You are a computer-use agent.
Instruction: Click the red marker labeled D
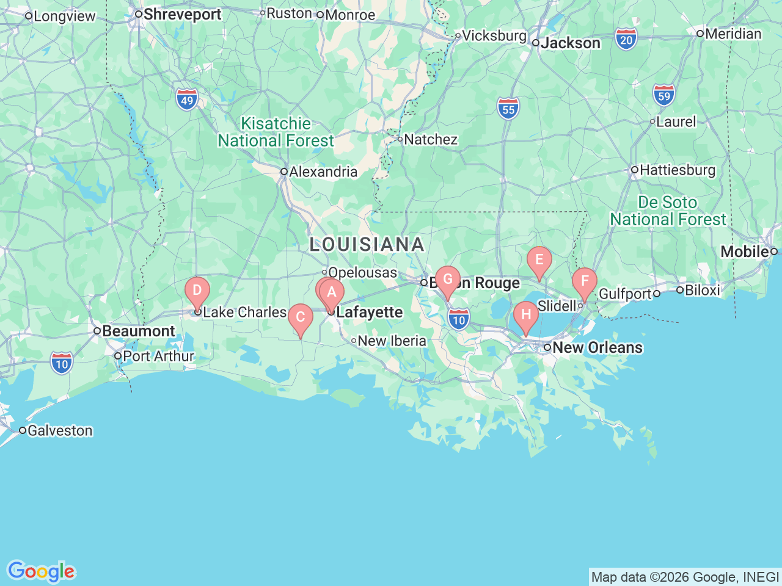[197, 290]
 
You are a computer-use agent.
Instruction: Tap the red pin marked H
[525, 315]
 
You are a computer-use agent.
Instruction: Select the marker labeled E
[539, 260]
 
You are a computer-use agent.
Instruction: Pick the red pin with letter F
[585, 281]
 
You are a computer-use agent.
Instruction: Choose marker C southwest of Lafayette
[301, 317]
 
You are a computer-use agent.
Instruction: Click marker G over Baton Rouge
[448, 280]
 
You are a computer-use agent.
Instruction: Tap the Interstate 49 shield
[187, 100]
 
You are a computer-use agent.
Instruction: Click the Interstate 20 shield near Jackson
[626, 40]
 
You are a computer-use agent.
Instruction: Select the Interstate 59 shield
[663, 96]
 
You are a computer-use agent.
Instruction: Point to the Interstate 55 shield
[508, 109]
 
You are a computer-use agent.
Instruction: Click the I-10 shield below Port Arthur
[62, 364]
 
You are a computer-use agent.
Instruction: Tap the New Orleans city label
[597, 347]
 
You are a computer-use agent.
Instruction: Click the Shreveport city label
[182, 14]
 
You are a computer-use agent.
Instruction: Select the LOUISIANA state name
[367, 244]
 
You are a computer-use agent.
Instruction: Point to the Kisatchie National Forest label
[276, 132]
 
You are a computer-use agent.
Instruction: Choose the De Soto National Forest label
[668, 211]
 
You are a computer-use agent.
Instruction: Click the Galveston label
[60, 430]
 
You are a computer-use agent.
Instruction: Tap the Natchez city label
[430, 139]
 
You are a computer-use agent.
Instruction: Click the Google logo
[41, 572]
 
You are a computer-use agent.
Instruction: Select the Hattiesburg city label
[677, 170]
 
